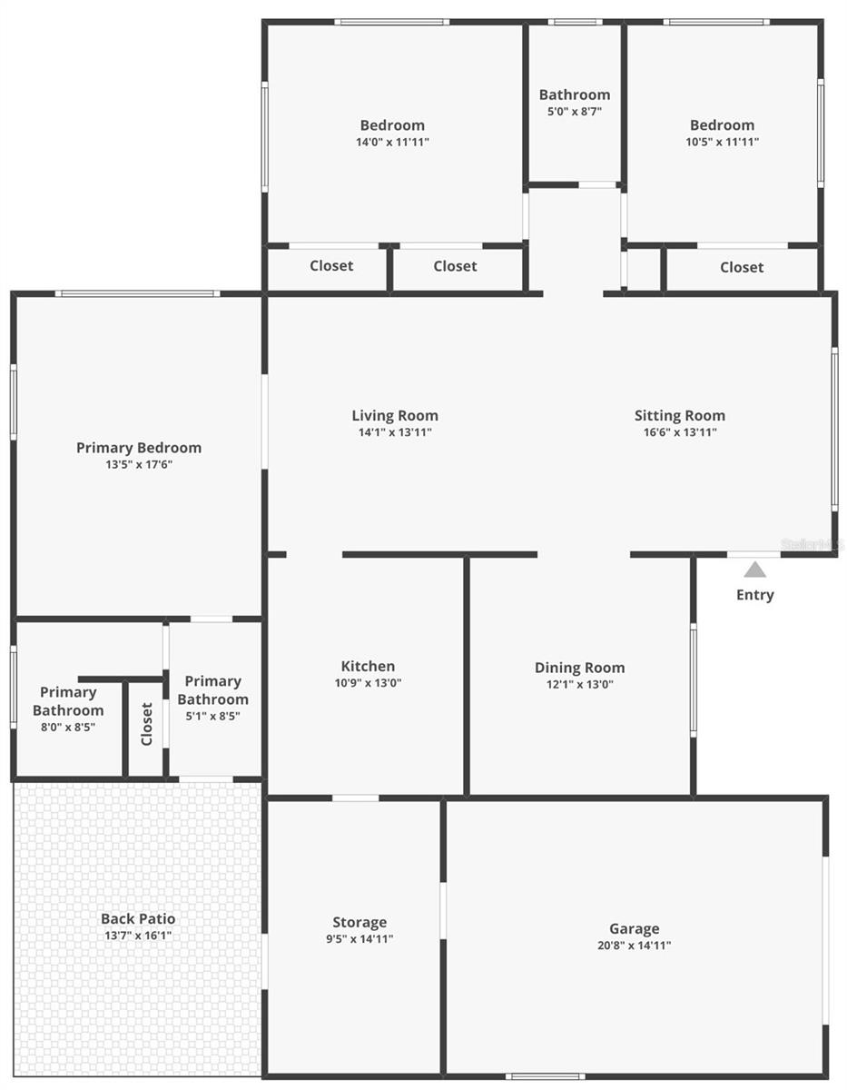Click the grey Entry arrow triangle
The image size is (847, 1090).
754,570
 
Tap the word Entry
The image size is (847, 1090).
754,595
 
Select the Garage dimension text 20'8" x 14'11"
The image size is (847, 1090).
634,946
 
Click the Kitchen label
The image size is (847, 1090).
368,666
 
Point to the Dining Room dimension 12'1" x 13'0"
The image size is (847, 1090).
579,685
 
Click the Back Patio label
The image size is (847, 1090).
138,918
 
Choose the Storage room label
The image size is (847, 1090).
359,922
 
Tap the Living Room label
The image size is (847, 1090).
395,415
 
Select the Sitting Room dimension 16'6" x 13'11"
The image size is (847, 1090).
680,432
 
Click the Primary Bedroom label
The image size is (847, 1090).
139,447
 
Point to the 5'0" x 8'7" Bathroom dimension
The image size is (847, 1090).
574,112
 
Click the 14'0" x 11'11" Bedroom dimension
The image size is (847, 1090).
392,142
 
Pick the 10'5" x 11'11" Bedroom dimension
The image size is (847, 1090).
722,142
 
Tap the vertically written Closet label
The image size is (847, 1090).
147,724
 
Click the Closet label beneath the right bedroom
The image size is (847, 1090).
742,267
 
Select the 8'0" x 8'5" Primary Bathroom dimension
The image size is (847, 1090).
68,727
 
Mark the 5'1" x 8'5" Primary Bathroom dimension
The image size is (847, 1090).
212,716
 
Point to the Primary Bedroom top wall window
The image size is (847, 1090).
136,293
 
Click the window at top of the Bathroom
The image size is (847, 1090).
575,22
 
